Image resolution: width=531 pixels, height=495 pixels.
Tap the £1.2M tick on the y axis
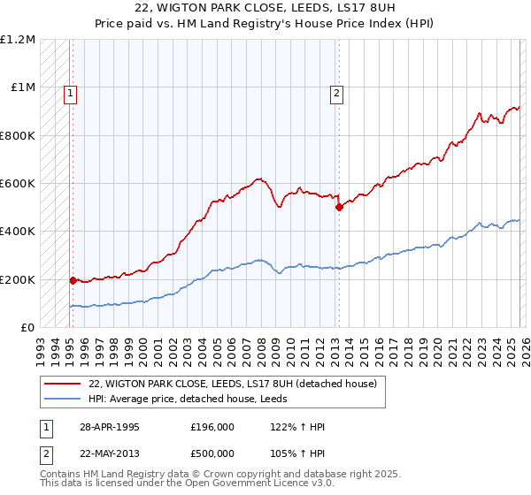(x=18, y=40)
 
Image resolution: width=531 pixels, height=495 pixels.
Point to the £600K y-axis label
(x=18, y=184)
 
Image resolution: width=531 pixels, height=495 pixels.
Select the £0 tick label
(x=28, y=328)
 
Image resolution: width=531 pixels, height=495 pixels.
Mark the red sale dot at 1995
(x=73, y=280)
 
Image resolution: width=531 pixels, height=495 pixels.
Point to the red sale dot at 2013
(x=338, y=208)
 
